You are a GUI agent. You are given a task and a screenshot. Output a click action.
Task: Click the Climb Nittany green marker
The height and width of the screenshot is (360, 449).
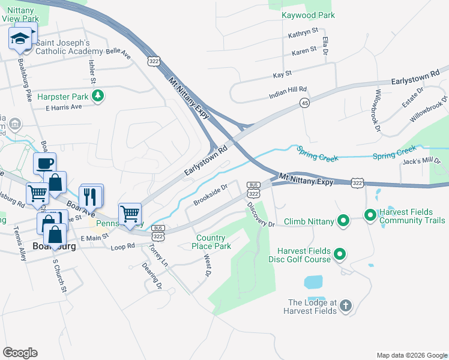pyautogui.click(x=343, y=221)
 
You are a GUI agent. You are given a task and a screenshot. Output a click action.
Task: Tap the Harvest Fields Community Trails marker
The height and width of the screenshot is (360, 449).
pyautogui.click(x=370, y=214)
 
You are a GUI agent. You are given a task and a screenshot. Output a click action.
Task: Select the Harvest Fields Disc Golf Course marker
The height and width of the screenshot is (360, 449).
pyautogui.click(x=339, y=255)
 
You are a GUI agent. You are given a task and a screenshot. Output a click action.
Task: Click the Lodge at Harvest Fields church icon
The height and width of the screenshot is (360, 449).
pyautogui.click(x=345, y=307)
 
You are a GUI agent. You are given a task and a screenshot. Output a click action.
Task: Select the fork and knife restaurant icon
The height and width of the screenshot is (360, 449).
pyautogui.click(x=90, y=196)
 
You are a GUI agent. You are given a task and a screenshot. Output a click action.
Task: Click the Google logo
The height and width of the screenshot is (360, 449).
pyautogui.click(x=20, y=352)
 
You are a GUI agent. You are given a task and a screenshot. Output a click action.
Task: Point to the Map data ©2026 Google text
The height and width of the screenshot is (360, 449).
pyautogui.click(x=411, y=355)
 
